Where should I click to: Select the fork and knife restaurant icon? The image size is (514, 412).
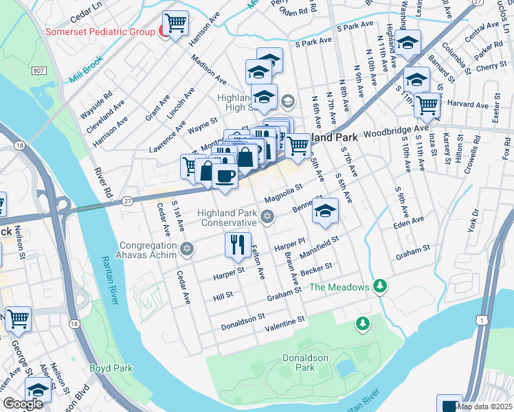pos(237,244)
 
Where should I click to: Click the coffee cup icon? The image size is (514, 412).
pos(224,176)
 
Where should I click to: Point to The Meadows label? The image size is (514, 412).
pos(339,287)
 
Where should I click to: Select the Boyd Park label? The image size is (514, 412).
pos(111,368)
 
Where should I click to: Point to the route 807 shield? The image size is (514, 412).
pos(38,70)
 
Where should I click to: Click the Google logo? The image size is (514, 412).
pos(23,404)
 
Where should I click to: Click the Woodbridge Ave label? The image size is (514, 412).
pos(396,131)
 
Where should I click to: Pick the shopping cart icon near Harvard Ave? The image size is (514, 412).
pos(427,105)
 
